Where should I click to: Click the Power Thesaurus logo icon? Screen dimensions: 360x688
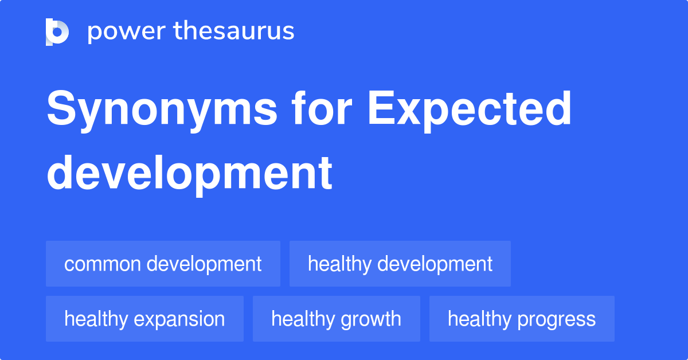[57, 32]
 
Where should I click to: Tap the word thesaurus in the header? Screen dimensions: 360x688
[233, 32]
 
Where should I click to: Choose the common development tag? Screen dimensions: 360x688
[163, 264]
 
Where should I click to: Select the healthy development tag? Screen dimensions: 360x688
[400, 264]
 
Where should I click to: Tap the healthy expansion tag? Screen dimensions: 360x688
[144, 319]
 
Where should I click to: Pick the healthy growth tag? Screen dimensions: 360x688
[336, 319]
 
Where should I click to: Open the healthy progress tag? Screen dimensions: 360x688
[521, 319]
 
